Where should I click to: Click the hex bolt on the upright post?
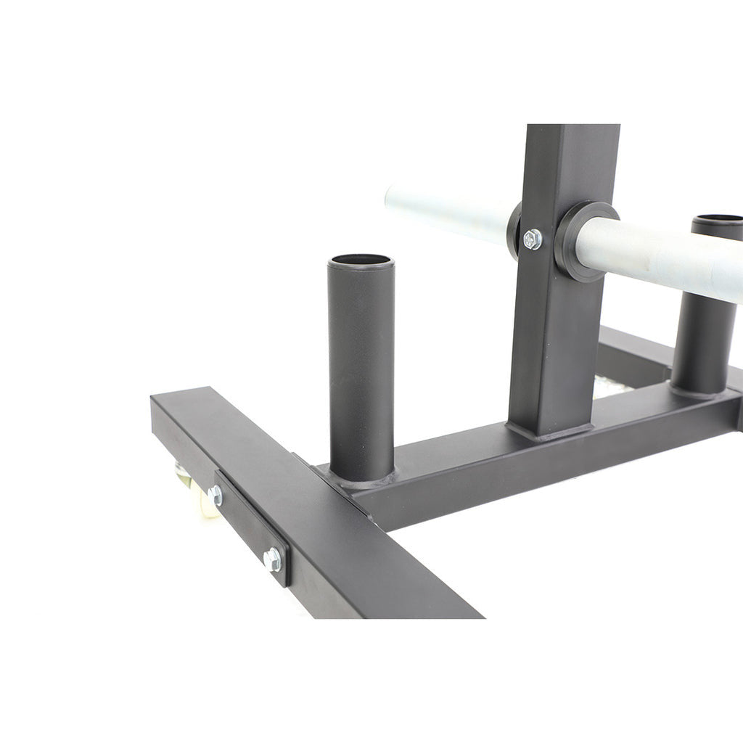[x=532, y=239]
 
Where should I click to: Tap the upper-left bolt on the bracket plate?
[x=215, y=496]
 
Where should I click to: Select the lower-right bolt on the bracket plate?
[x=273, y=559]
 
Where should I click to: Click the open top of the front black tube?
[x=361, y=260]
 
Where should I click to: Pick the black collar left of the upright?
[x=515, y=231]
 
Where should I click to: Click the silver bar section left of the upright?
[x=443, y=210]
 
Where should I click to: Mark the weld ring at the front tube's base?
[x=361, y=479]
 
